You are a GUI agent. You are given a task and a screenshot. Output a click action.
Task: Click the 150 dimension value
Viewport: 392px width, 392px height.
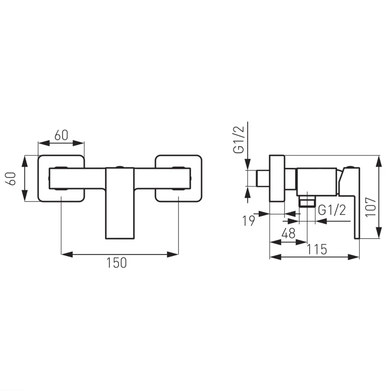click(x=117, y=262)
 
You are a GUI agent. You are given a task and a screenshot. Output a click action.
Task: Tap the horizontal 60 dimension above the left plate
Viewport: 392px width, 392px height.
click(x=61, y=135)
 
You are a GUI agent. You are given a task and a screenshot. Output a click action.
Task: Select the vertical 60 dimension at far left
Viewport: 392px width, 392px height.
click(x=12, y=179)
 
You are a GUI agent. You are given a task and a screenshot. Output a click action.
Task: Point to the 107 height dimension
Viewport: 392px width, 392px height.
click(x=371, y=207)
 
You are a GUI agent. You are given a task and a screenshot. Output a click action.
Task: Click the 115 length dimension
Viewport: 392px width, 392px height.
click(x=317, y=249)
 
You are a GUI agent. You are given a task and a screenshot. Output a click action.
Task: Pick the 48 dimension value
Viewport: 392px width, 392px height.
click(x=288, y=234)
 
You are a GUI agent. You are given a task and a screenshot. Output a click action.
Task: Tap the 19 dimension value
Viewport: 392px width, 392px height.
click(x=248, y=221)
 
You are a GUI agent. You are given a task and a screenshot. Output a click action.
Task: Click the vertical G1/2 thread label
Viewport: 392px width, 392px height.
click(x=238, y=140)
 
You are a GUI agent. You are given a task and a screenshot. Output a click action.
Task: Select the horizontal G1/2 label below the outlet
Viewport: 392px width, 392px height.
click(x=332, y=210)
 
